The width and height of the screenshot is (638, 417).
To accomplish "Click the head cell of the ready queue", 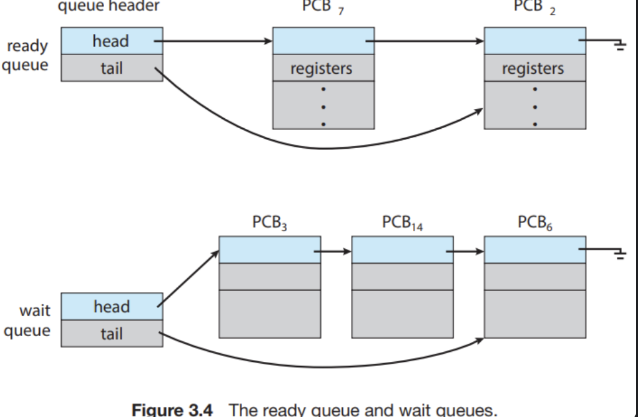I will point(111,41).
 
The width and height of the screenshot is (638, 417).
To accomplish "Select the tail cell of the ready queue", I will point(111,68).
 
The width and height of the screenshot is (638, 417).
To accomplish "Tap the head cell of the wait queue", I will point(111,307).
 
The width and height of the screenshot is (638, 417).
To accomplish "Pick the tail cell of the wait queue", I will point(111,334).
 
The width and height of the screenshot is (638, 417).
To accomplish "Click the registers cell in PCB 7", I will point(323,68).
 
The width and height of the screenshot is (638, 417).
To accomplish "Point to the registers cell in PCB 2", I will point(535,68).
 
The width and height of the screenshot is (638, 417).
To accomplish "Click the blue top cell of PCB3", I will point(269,250).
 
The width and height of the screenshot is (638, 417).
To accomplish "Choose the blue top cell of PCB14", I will point(401,250).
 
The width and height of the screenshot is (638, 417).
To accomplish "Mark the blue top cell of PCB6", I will point(534,250).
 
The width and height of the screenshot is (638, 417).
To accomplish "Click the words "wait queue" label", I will point(28,320).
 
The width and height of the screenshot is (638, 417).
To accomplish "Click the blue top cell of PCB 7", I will point(323,41).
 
